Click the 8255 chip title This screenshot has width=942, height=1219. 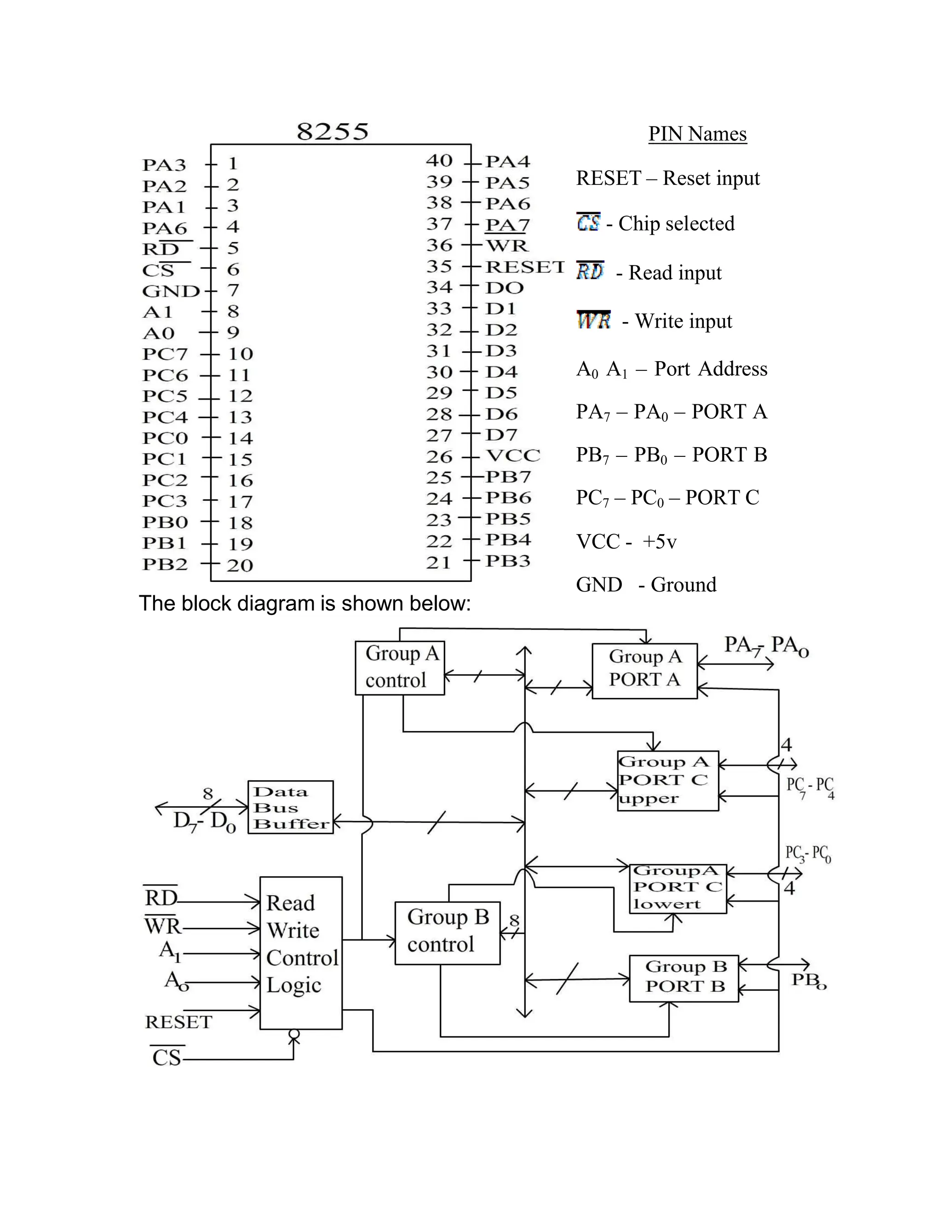click(x=333, y=132)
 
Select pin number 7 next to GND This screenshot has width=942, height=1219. click(x=233, y=290)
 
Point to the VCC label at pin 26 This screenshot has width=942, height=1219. click(x=513, y=455)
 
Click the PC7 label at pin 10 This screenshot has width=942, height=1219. click(x=165, y=354)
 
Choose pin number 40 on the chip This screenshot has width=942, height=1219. click(x=439, y=161)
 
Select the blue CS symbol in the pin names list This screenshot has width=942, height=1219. click(x=588, y=222)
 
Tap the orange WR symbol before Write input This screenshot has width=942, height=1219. click(x=593, y=320)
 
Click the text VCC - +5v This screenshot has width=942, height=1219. click(x=626, y=541)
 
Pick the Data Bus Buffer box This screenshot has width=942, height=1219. click(x=290, y=807)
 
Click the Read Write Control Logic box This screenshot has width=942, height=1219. click(x=301, y=952)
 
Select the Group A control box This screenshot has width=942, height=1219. click(x=400, y=667)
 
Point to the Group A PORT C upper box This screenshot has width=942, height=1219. click(x=667, y=780)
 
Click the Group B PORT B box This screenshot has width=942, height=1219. click(x=684, y=978)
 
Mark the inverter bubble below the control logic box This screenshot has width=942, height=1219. click(x=294, y=1034)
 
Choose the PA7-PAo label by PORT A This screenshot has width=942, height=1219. click(x=766, y=646)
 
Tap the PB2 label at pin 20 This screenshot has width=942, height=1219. click(x=165, y=564)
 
